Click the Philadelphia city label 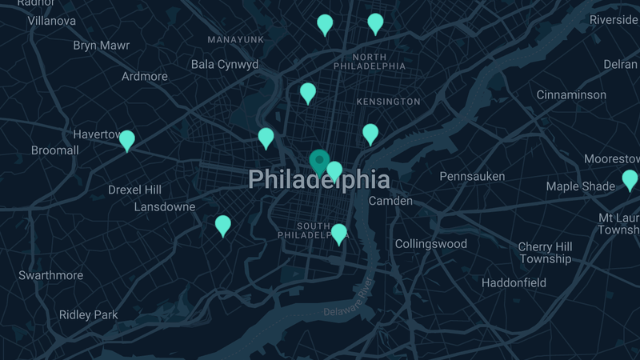tap(318, 179)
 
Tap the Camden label tap(390, 201)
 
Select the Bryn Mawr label tap(101, 46)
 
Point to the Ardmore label tap(145, 77)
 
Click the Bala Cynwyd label tap(225, 64)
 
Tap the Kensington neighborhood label tap(388, 102)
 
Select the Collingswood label tap(430, 243)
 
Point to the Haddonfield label tap(514, 282)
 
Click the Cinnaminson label tap(571, 94)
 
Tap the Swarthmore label tap(51, 275)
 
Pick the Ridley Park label tap(88, 314)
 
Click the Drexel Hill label tap(134, 190)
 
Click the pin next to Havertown tap(127, 140)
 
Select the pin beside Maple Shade tap(630, 179)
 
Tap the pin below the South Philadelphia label tap(339, 233)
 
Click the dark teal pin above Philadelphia tap(319, 161)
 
